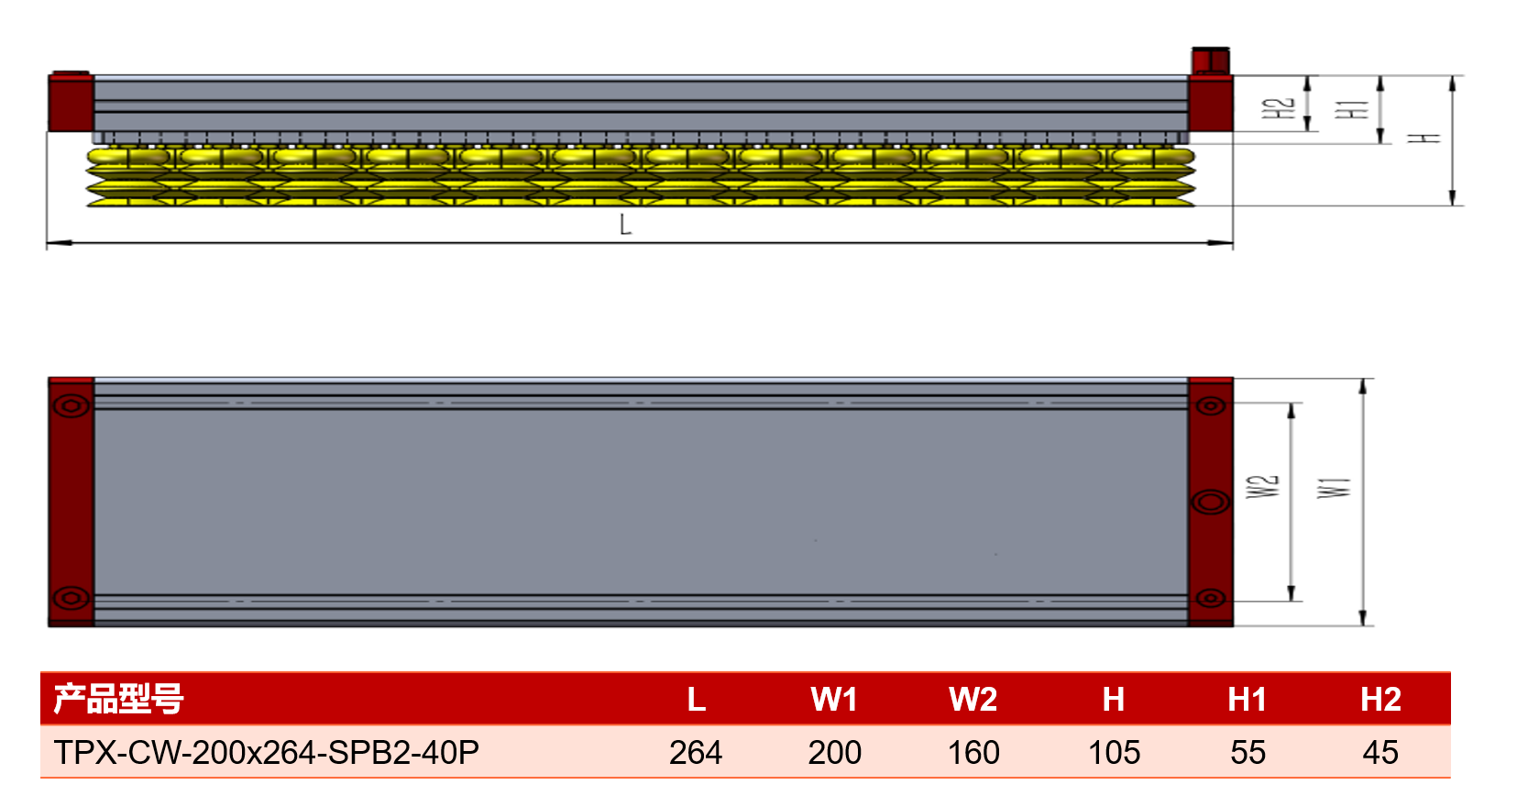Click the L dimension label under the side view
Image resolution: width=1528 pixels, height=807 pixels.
point(625,225)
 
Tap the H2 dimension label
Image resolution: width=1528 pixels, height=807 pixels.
point(1277,108)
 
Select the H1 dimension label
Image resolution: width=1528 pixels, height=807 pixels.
point(1351,109)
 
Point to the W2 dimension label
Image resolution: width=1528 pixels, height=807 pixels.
point(1263,487)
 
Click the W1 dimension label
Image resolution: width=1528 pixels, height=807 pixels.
point(1334,488)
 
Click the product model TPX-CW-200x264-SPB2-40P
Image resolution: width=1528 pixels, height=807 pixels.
point(267,752)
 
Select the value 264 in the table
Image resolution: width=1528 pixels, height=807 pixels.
point(695,752)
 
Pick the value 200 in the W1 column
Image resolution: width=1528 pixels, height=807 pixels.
point(835,752)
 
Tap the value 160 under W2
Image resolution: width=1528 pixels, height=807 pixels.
point(973,752)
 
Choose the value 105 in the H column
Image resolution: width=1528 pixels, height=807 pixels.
point(1114,752)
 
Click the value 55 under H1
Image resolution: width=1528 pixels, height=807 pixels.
point(1248,752)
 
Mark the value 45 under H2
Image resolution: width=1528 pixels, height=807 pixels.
point(1380,752)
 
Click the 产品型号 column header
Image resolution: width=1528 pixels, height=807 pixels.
point(118,699)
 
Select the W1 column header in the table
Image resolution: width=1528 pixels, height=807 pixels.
point(834,699)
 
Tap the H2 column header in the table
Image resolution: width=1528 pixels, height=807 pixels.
point(1380,699)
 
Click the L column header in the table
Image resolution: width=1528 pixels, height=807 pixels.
point(696,699)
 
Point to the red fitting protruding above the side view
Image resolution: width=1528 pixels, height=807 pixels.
point(1211,61)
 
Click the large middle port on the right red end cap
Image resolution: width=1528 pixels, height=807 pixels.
point(1211,503)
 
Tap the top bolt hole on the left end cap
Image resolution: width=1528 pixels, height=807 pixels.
point(71,406)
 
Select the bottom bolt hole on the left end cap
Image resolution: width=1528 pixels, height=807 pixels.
point(71,599)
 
